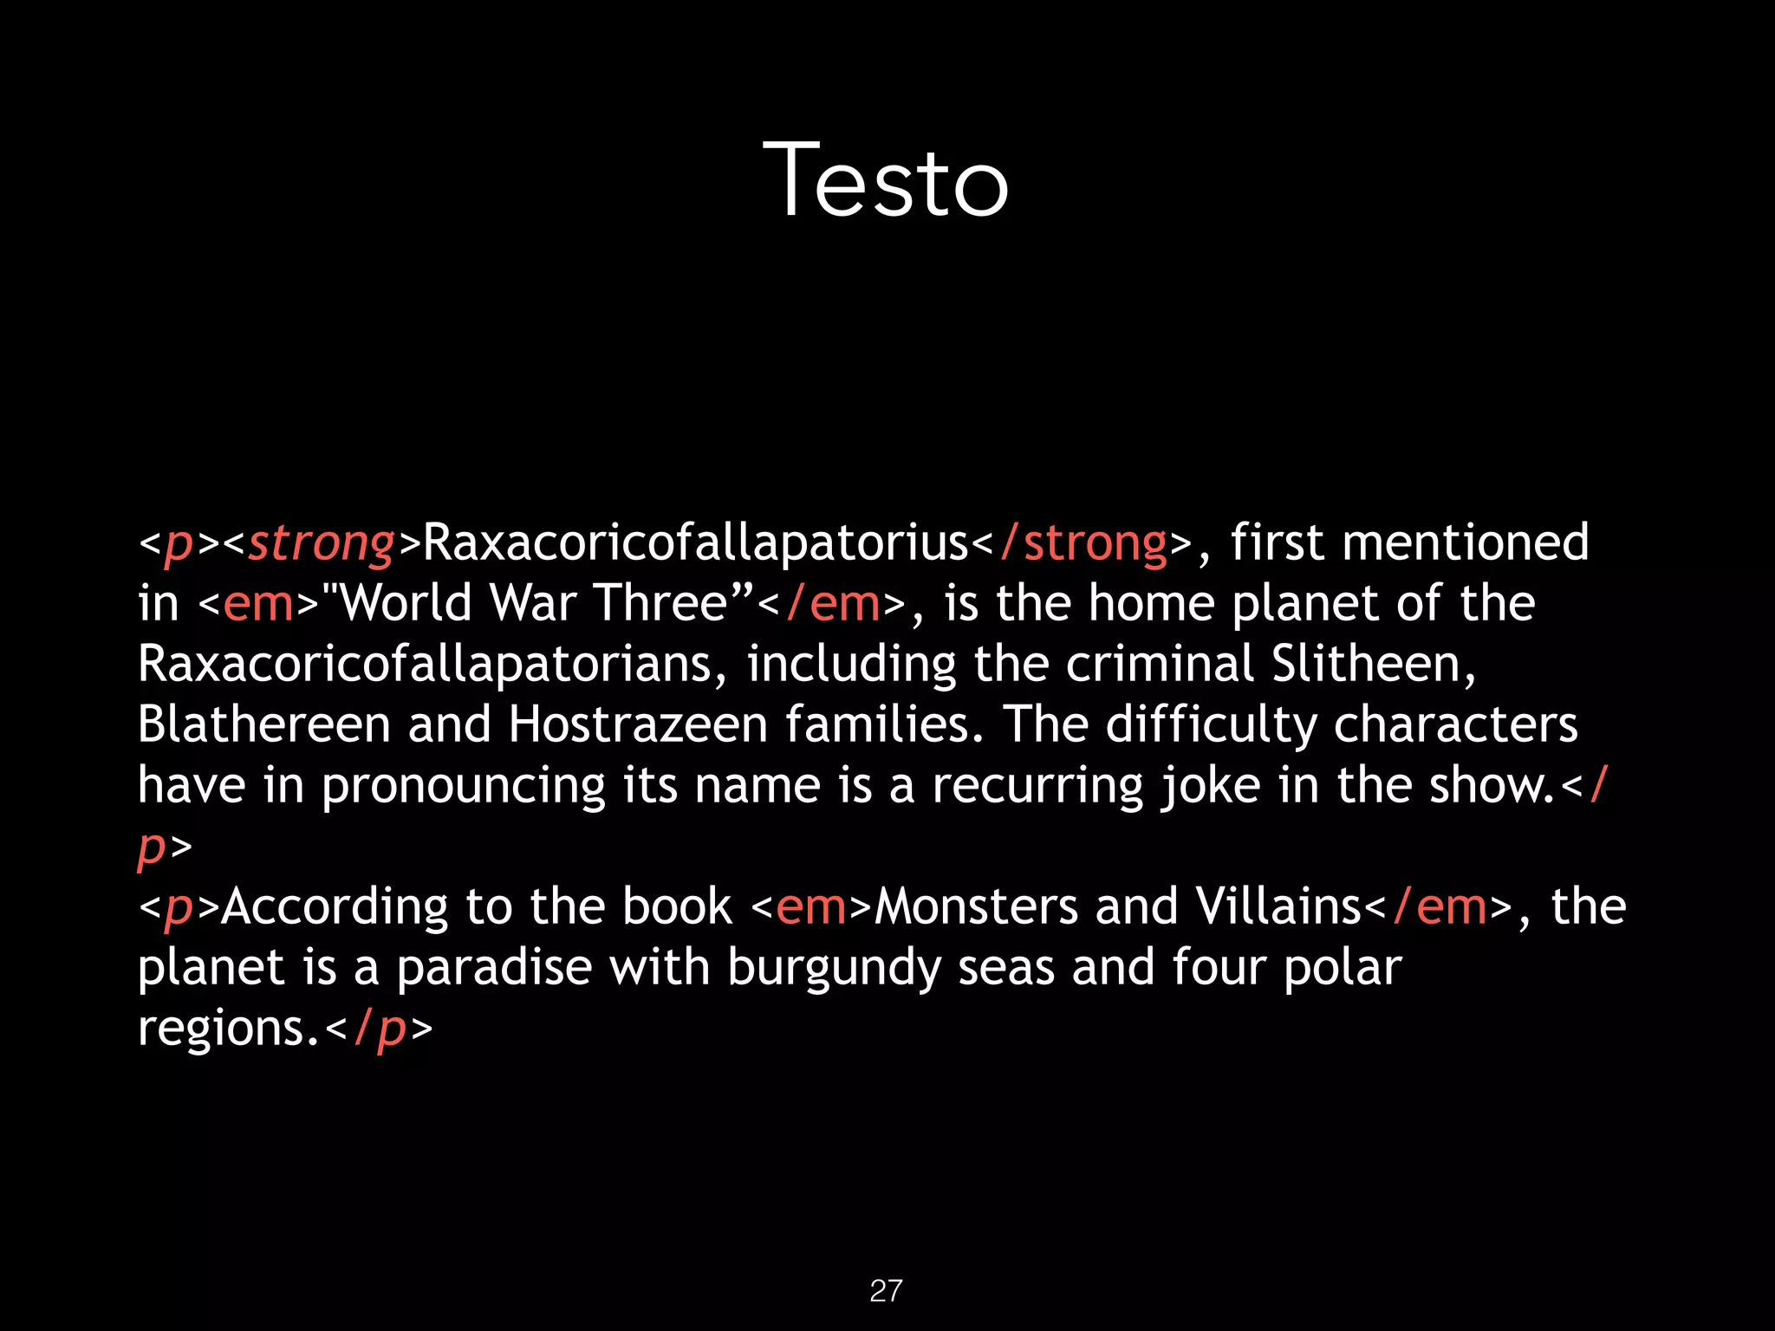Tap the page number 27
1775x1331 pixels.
(x=886, y=1290)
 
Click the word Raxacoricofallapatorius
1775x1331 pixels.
(x=695, y=543)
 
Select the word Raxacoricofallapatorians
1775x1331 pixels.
(x=426, y=665)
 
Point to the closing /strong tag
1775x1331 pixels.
(x=1083, y=543)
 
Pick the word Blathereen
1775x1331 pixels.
(x=263, y=725)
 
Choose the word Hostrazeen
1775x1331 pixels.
(x=638, y=725)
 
